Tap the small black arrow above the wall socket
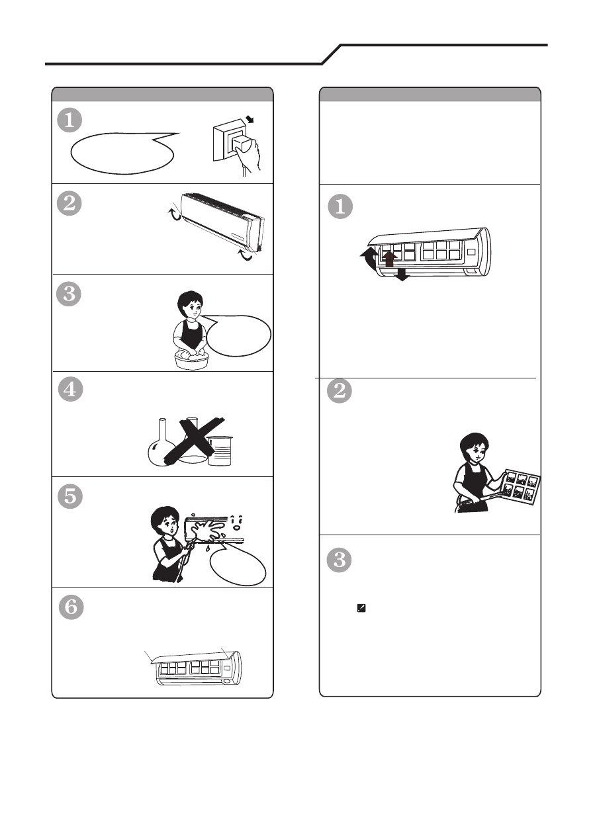[250, 119]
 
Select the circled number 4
[70, 389]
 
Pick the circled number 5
[70, 496]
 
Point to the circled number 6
[71, 607]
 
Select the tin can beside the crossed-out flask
[220, 451]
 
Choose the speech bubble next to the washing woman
[238, 335]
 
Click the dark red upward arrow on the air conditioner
[389, 259]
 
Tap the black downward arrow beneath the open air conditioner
[402, 275]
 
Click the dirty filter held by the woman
[521, 488]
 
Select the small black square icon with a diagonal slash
[361, 608]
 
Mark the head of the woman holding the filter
[474, 448]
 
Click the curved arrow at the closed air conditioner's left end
[175, 215]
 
